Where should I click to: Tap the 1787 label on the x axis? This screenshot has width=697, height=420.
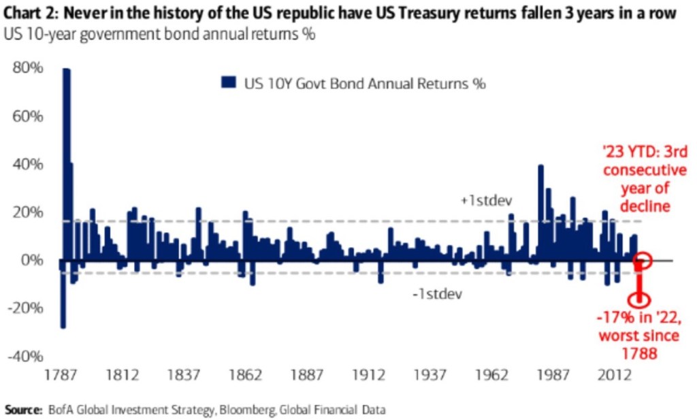click(x=60, y=375)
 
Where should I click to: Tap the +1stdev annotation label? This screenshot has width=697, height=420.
click(x=485, y=201)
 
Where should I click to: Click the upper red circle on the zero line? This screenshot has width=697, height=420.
click(x=643, y=260)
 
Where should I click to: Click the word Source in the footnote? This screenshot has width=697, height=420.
click(x=22, y=410)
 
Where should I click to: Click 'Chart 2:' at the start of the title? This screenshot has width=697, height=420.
click(x=29, y=13)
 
